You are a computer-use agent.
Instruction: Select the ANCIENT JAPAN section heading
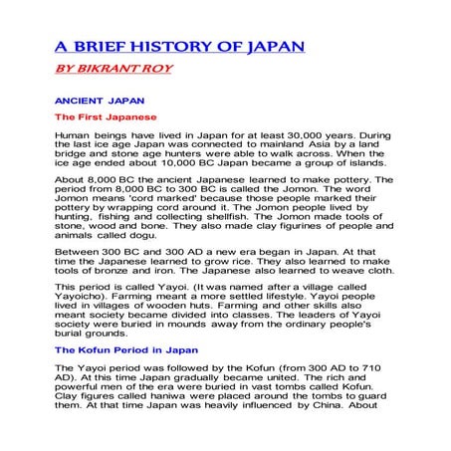100,101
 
